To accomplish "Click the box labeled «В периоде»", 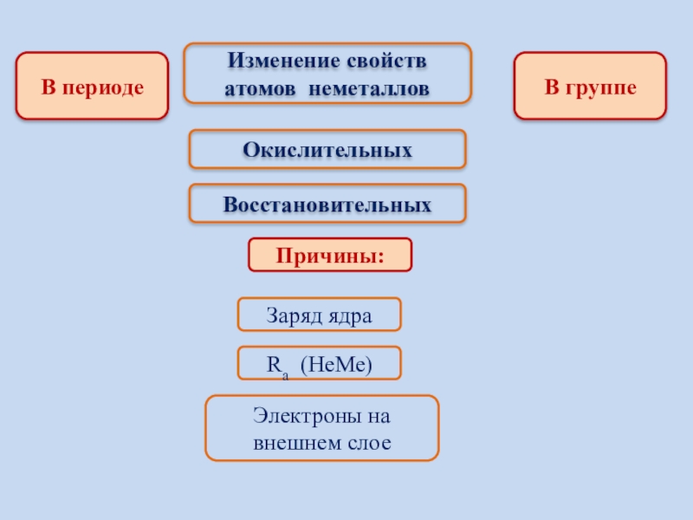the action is click(92, 86).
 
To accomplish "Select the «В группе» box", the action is click(591, 86).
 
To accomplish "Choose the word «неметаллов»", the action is click(372, 88).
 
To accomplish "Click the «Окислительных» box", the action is click(327, 149).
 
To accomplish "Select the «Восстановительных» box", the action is click(327, 205).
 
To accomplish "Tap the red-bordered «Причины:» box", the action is click(330, 255).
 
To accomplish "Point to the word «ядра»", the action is click(349, 315).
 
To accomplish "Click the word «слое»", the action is click(370, 443).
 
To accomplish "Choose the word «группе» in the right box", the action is click(602, 87).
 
